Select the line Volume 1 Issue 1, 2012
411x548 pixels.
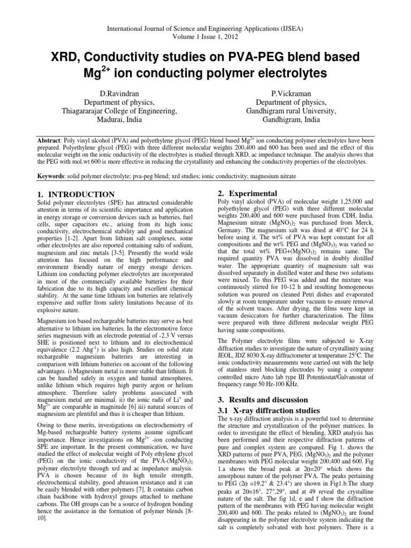(205, 30)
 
